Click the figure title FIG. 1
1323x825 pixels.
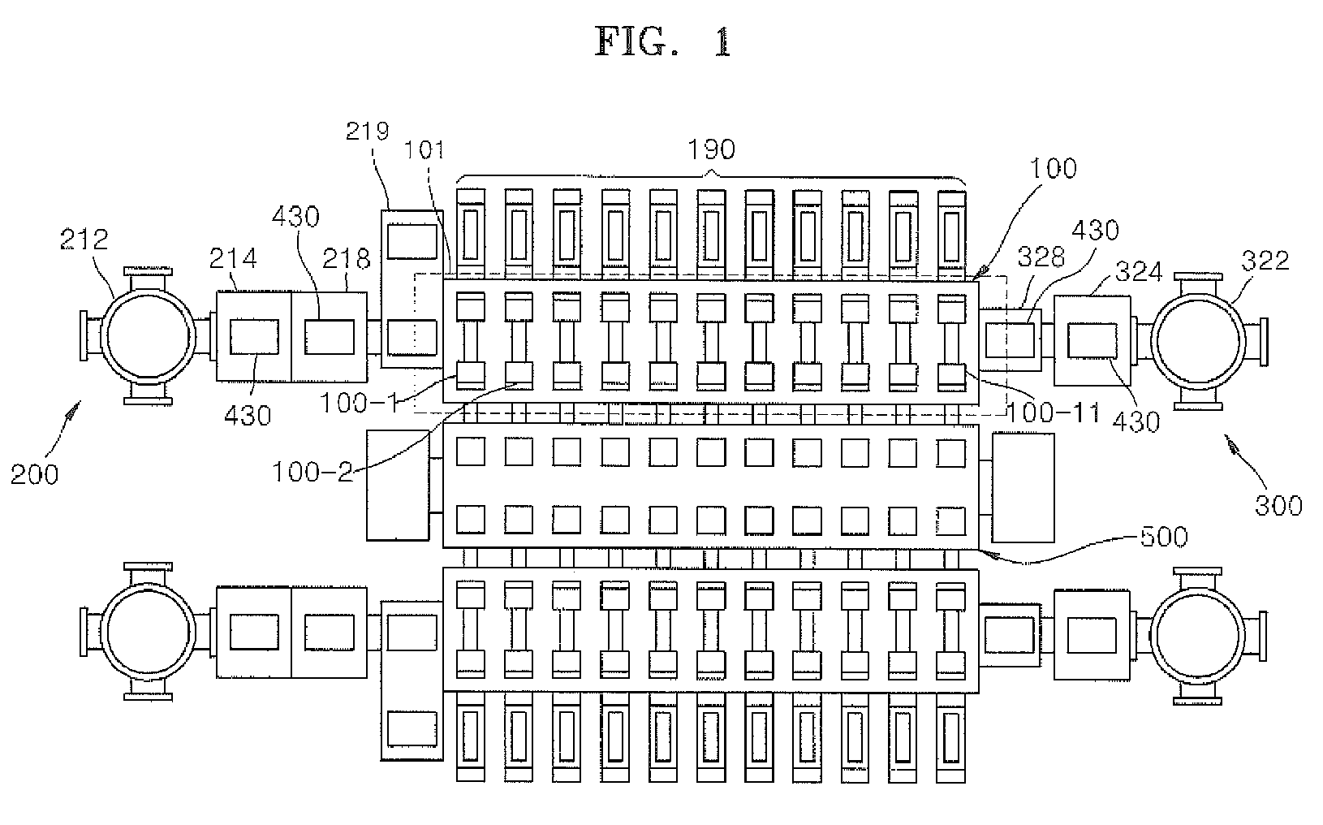pos(663,42)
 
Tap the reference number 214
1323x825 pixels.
pos(233,258)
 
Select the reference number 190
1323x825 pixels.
pos(711,149)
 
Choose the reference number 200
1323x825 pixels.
pos(35,473)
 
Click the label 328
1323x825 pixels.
pos(1041,258)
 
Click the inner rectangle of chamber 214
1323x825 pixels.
pos(254,336)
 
